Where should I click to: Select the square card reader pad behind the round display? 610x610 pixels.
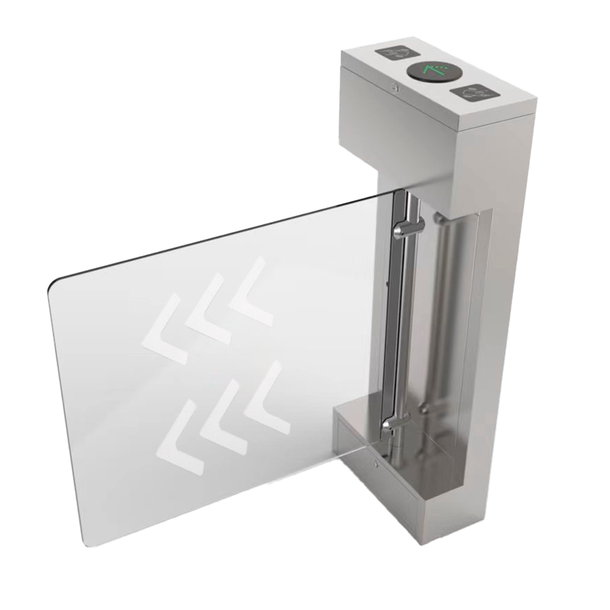[400, 52]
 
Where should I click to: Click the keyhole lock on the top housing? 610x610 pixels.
[396, 88]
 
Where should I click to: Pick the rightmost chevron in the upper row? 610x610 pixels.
[251, 289]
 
